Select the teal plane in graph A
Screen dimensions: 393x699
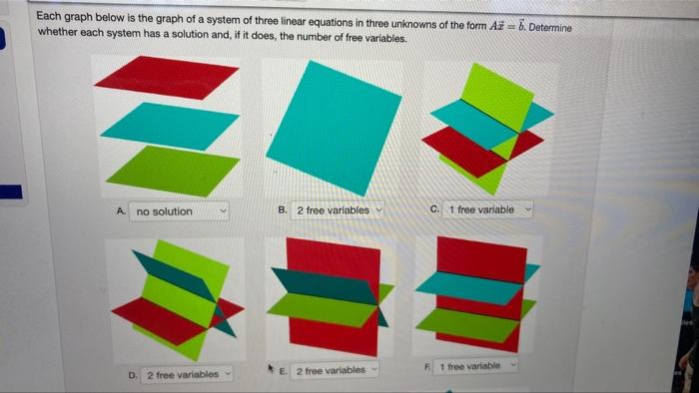click(x=170, y=125)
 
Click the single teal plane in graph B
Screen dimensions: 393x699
click(x=332, y=127)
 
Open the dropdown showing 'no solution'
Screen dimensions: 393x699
click(x=179, y=211)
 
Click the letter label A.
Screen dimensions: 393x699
click(x=120, y=211)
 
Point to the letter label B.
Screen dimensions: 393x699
click(x=283, y=210)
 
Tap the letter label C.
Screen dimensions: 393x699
click(x=434, y=209)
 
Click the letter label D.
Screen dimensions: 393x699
click(x=133, y=376)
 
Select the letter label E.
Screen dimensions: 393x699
click(x=284, y=371)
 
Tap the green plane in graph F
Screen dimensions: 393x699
click(x=467, y=323)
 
